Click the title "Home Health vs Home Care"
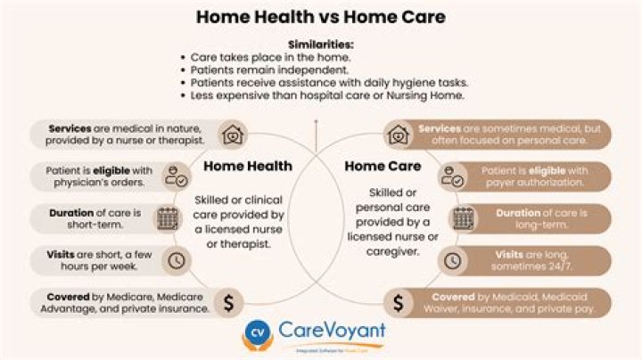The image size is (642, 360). [x=320, y=18]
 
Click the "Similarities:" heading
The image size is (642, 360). [x=320, y=44]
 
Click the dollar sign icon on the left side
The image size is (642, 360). [x=228, y=302]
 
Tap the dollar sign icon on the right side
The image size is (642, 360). [x=398, y=302]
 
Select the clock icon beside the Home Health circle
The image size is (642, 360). [x=177, y=260]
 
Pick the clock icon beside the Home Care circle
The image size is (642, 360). [x=453, y=260]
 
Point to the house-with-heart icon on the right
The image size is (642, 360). [x=398, y=135]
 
